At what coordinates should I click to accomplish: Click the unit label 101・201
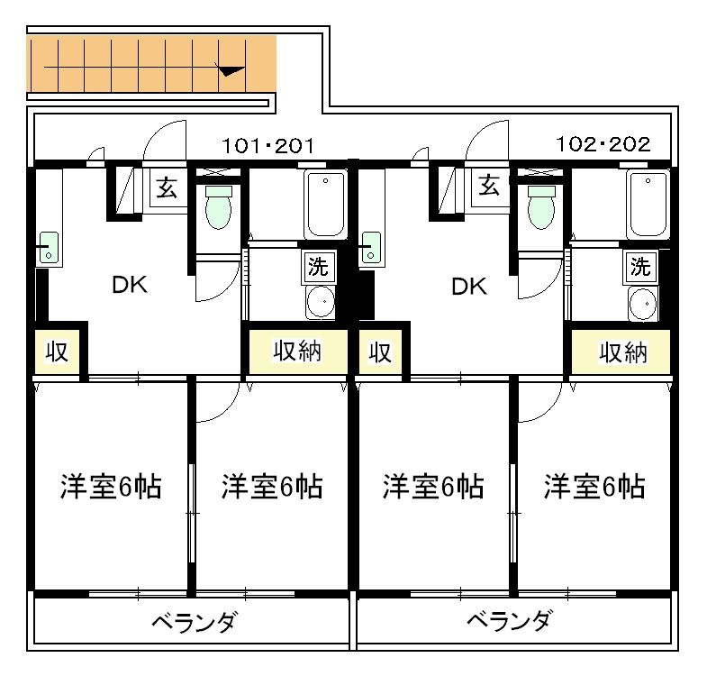click(267, 145)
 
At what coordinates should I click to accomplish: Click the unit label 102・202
click(603, 145)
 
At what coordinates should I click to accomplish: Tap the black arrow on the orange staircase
click(231, 69)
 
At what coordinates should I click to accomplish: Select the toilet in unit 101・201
click(218, 208)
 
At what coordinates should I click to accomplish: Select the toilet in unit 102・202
click(541, 208)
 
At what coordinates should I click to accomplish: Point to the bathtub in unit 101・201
click(322, 205)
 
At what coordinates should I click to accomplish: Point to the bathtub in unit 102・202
click(646, 205)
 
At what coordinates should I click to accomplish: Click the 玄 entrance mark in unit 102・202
click(489, 187)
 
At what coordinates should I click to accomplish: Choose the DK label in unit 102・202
click(468, 287)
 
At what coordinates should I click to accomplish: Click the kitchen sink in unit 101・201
click(48, 248)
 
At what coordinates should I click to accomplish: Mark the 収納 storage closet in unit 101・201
click(297, 352)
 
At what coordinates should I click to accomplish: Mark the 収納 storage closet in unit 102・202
click(622, 352)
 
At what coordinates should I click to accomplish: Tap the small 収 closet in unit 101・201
click(58, 352)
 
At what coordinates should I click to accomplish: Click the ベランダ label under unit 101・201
click(194, 622)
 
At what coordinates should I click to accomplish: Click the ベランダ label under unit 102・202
click(510, 622)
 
